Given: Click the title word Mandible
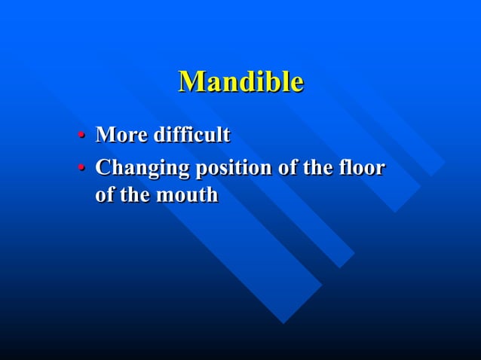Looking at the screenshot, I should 240,81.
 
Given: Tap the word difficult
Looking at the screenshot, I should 191,136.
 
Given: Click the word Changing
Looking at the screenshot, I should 142,168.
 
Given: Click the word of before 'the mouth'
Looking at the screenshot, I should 106,195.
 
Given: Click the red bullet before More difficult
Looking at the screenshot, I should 81,136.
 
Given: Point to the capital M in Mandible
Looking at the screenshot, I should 191,81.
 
